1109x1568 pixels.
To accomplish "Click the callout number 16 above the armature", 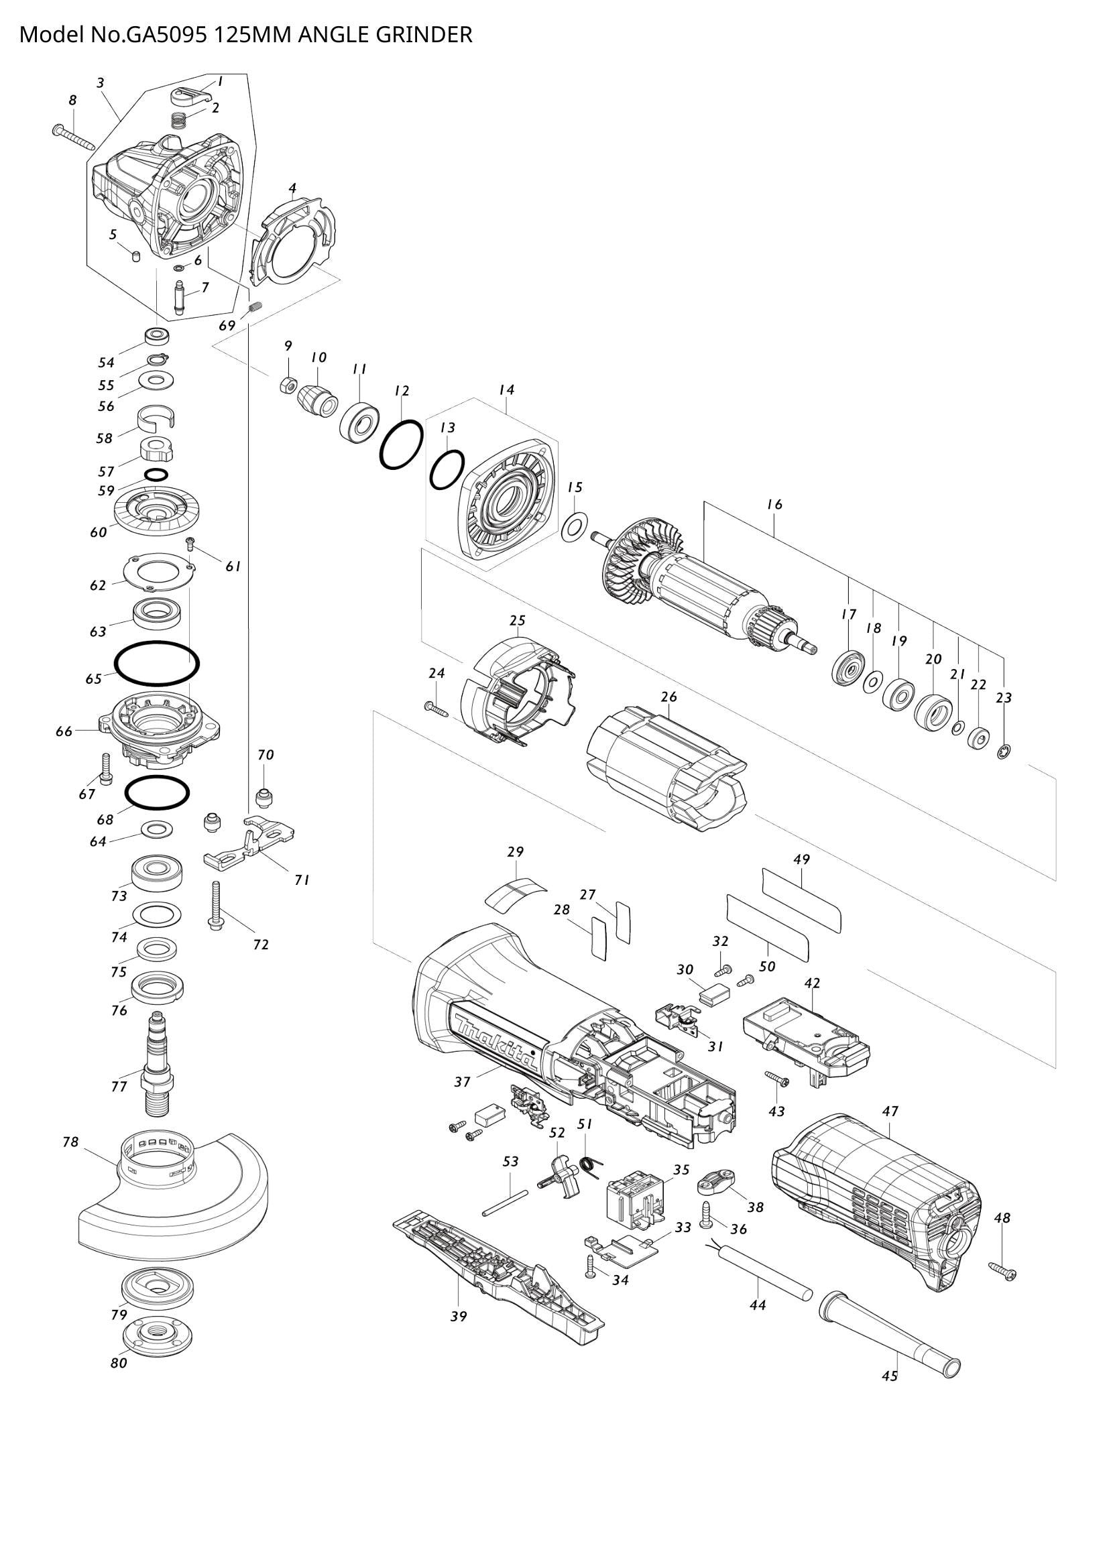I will coord(774,505).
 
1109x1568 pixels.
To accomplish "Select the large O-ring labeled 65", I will coord(156,662).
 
